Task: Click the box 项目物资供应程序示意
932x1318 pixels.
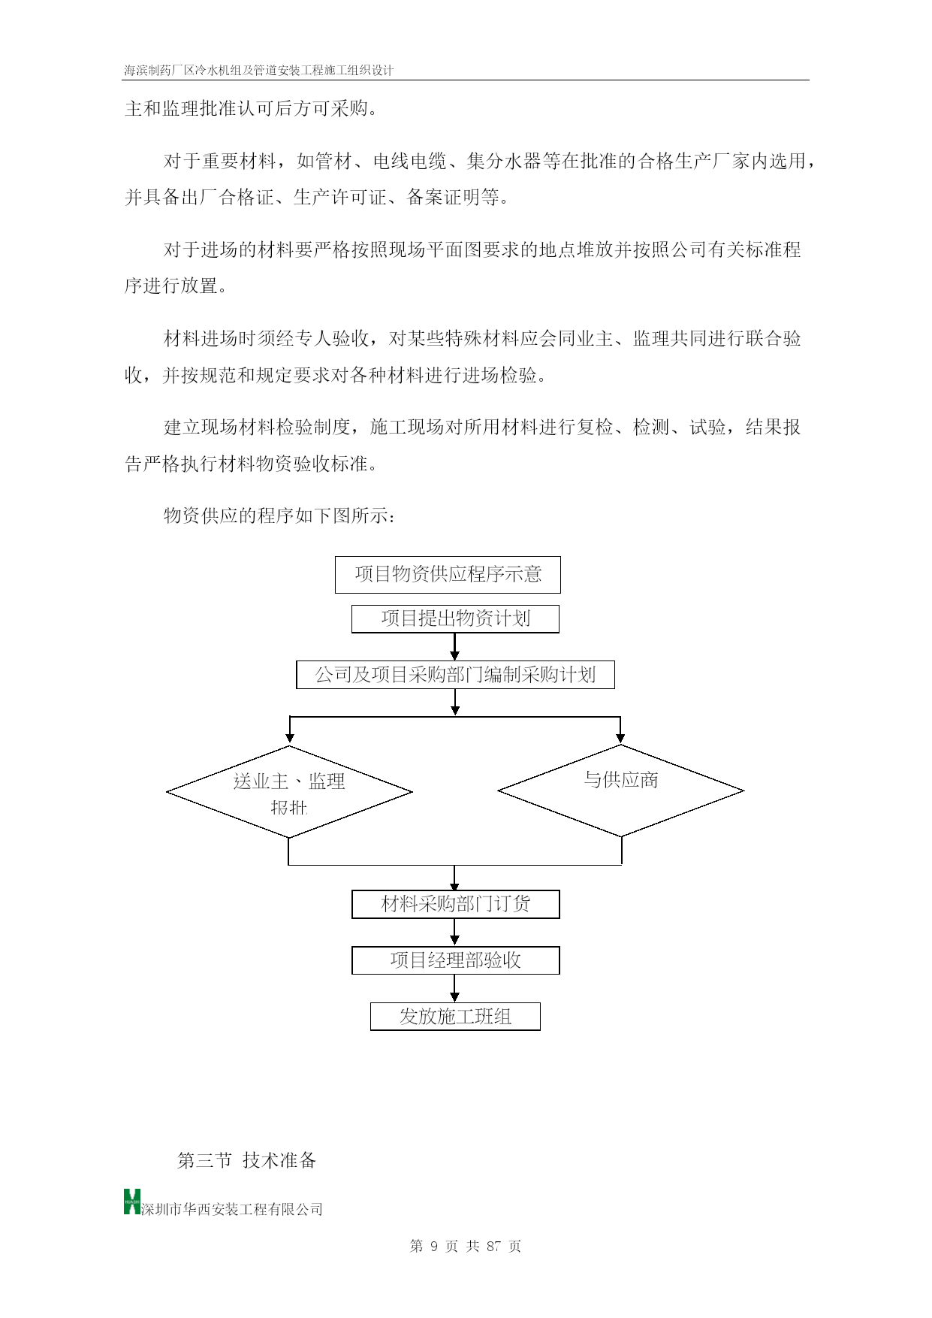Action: click(x=448, y=575)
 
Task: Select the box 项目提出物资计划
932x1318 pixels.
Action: click(x=455, y=619)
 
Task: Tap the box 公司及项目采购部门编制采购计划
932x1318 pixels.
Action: click(x=455, y=675)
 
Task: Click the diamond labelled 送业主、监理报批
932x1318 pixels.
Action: click(x=289, y=791)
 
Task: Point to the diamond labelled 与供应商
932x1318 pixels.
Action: click(x=621, y=790)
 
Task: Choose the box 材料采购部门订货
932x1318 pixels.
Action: click(x=455, y=904)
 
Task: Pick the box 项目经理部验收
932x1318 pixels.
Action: click(x=455, y=960)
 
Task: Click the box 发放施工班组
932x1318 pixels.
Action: click(x=455, y=1017)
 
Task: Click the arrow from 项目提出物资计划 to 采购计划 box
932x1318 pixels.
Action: click(x=454, y=647)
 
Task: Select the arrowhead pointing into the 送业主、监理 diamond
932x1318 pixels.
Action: click(x=290, y=739)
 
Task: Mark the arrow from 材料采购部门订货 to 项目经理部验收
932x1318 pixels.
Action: click(x=454, y=932)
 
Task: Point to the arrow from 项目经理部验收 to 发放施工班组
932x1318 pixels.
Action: click(x=454, y=988)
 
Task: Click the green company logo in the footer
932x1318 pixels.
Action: click(x=132, y=1202)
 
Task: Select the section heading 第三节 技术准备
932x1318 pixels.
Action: click(x=246, y=1160)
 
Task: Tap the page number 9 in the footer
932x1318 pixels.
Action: click(x=434, y=1246)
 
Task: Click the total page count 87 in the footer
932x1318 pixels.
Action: click(x=493, y=1246)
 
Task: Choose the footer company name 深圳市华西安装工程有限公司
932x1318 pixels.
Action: click(x=232, y=1209)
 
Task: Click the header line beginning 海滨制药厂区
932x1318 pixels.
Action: click(x=259, y=70)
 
